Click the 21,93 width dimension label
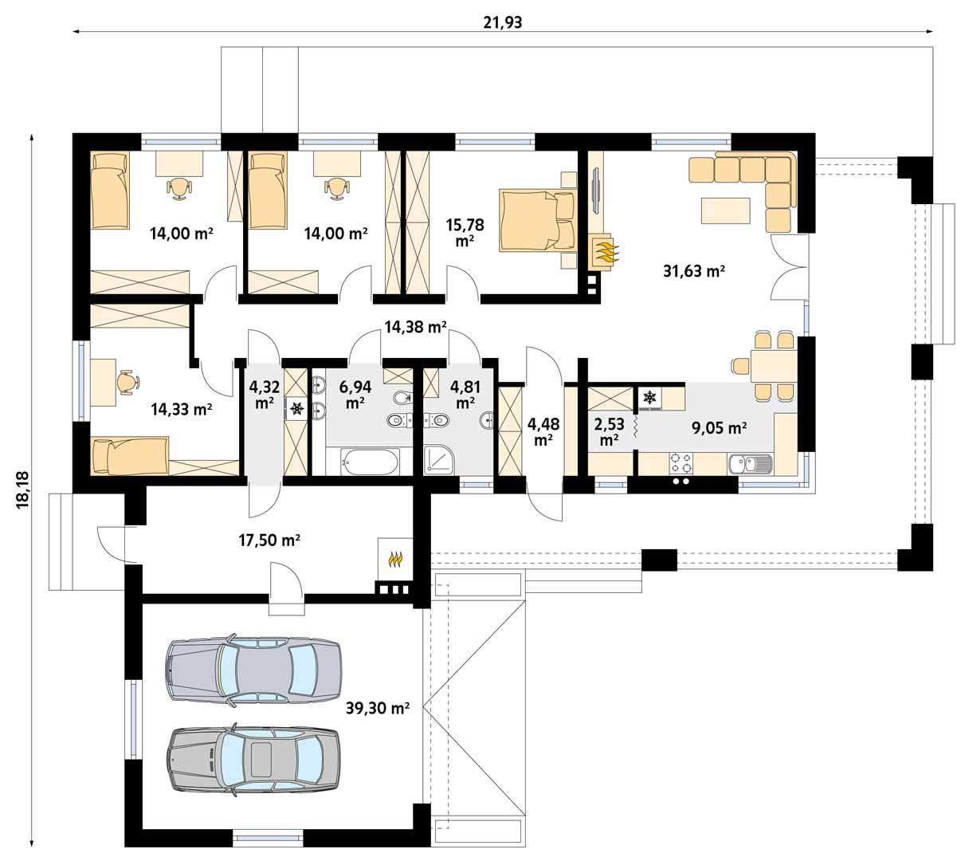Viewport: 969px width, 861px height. click(x=502, y=22)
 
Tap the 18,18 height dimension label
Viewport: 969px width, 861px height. click(x=22, y=488)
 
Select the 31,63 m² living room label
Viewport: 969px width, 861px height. click(x=693, y=271)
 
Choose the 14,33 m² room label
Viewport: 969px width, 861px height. click(x=181, y=409)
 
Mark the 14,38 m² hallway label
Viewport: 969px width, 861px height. click(x=414, y=325)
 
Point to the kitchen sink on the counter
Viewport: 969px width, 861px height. click(x=750, y=463)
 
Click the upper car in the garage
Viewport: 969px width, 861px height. click(x=253, y=669)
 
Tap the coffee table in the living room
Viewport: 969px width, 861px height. click(x=724, y=210)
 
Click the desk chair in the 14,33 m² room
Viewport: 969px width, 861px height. click(x=127, y=383)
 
